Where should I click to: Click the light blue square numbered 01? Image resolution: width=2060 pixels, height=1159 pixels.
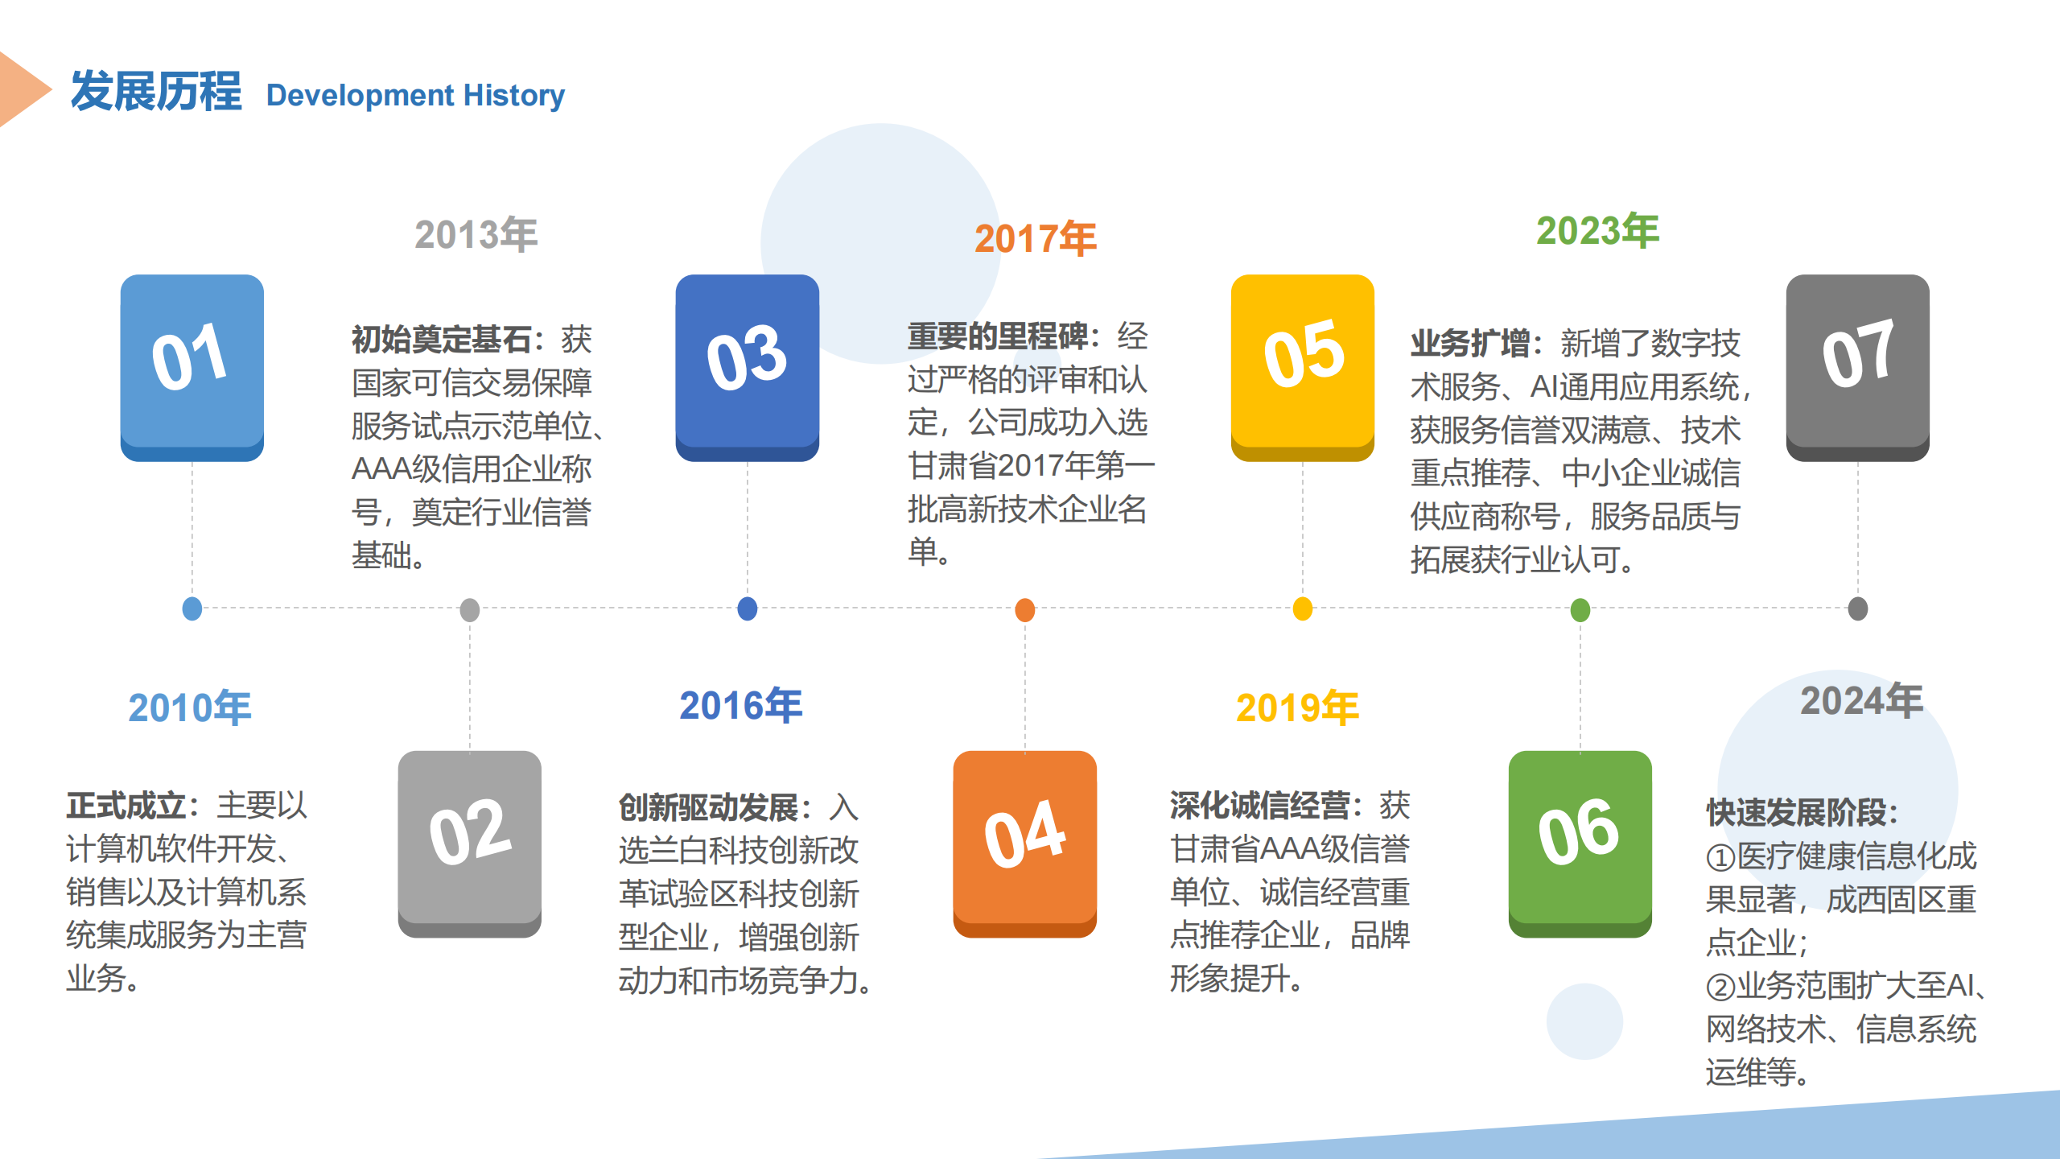(192, 367)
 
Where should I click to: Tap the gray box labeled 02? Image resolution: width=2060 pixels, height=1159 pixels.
(469, 843)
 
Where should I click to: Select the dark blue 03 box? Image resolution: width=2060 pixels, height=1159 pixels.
(747, 367)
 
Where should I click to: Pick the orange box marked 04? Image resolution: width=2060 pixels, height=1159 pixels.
(1024, 843)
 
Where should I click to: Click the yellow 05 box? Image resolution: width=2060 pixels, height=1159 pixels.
(1302, 367)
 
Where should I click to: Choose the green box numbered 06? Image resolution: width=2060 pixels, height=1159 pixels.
(1580, 843)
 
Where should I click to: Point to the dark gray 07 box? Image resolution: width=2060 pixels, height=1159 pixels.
(1857, 367)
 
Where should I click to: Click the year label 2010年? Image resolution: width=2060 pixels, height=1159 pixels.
(190, 708)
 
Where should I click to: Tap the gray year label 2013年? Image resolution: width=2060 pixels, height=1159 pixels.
(476, 235)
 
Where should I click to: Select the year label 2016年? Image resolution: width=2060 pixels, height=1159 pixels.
(741, 706)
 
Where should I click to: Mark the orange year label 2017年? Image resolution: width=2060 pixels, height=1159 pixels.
(1036, 239)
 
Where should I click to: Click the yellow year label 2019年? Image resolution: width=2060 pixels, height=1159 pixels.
(1297, 708)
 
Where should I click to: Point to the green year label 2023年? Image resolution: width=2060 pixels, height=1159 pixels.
(1597, 231)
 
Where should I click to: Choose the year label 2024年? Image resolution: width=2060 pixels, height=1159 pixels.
(1861, 701)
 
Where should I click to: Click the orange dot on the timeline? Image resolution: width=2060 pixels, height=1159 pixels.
(1024, 609)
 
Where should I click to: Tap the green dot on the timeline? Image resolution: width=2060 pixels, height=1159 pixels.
(1580, 609)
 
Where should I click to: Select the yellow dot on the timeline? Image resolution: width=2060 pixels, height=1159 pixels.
(1302, 609)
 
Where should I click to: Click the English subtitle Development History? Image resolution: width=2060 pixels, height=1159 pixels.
(415, 95)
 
